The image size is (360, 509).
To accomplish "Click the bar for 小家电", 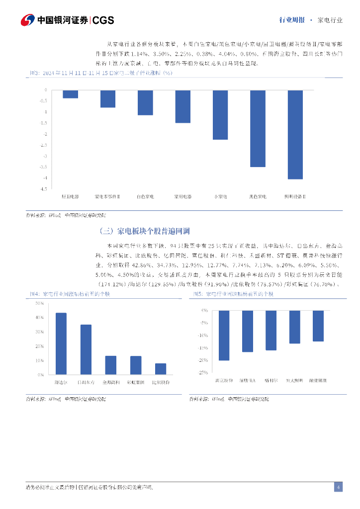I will pyautogui.click(x=220, y=115).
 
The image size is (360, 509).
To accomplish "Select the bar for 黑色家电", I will pyautogui.click(x=258, y=128).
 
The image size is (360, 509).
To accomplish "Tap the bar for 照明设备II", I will pyautogui.click(x=295, y=134).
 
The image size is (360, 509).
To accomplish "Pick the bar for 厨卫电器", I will pyautogui.click(x=70, y=94).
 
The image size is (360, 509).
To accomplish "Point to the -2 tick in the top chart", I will pyautogui.click(x=45, y=134).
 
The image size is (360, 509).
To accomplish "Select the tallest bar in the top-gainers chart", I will pyautogui.click(x=61, y=343).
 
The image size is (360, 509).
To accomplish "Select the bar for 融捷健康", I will pyautogui.click(x=318, y=326).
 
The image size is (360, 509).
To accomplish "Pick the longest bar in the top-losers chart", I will pyautogui.click(x=224, y=335).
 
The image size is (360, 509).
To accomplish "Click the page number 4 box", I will pyautogui.click(x=338, y=487).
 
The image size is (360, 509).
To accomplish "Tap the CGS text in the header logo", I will pyautogui.click(x=103, y=20).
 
